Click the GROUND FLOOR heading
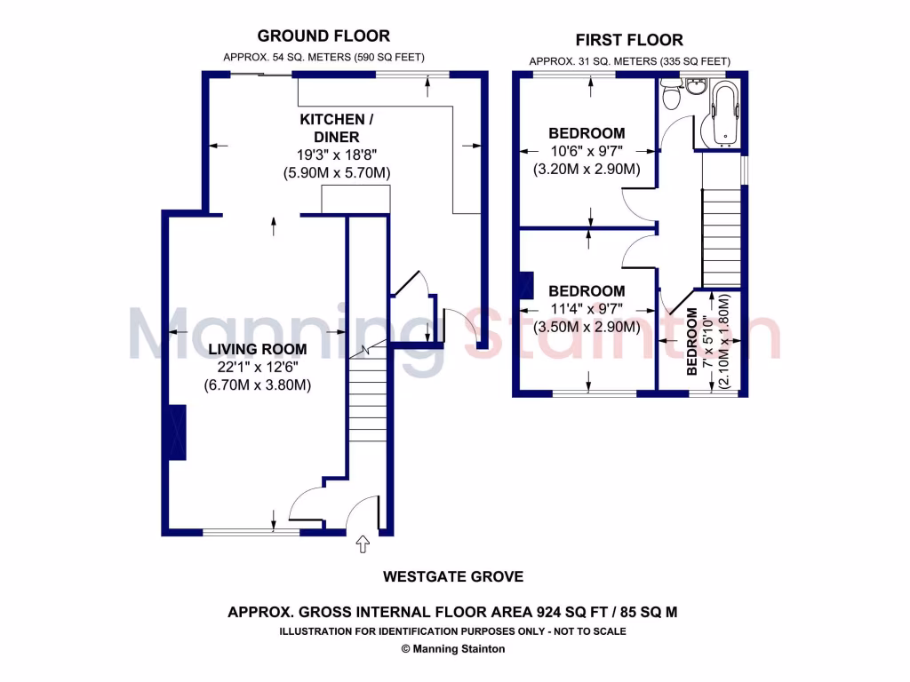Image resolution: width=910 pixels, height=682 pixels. (x=323, y=36)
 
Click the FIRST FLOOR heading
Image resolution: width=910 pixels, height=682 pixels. (x=629, y=40)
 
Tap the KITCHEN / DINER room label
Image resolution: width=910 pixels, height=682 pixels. (x=331, y=128)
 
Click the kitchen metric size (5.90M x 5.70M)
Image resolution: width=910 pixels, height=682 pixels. (x=337, y=172)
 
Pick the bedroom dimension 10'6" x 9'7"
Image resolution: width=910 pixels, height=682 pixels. (x=586, y=152)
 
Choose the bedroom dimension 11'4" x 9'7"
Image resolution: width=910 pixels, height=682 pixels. (x=586, y=309)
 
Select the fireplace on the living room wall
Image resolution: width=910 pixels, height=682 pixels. (x=177, y=432)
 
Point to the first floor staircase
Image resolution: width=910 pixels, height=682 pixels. (x=721, y=236)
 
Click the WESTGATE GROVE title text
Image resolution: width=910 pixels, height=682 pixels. (x=453, y=577)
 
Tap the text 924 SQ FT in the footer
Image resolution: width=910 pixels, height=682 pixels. (x=575, y=612)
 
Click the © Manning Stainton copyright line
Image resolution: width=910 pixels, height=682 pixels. (x=453, y=649)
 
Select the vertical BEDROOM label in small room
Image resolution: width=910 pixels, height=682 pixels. (x=693, y=342)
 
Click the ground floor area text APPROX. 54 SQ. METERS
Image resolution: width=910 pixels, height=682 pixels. (x=281, y=58)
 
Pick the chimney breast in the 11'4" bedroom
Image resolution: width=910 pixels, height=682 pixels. (x=525, y=284)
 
